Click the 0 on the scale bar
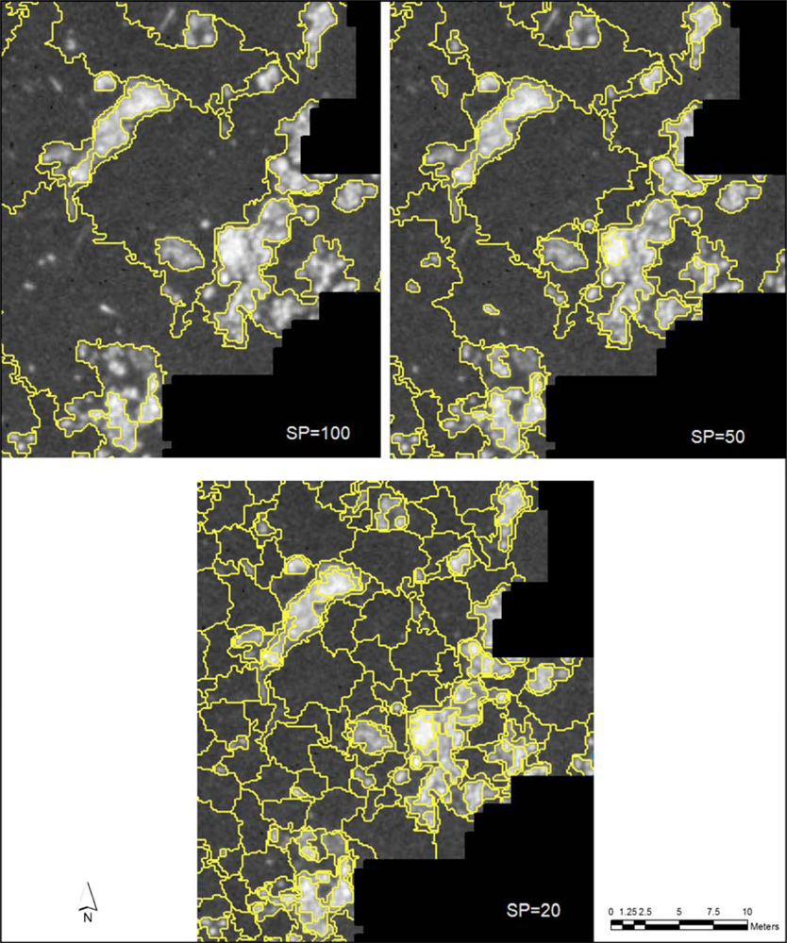click(611, 911)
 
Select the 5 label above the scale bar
click(679, 911)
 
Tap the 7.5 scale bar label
click(713, 911)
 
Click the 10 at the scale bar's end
click(746, 911)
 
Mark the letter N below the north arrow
click(87, 916)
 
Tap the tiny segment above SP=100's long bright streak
click(106, 81)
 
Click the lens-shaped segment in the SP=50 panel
click(563, 254)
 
